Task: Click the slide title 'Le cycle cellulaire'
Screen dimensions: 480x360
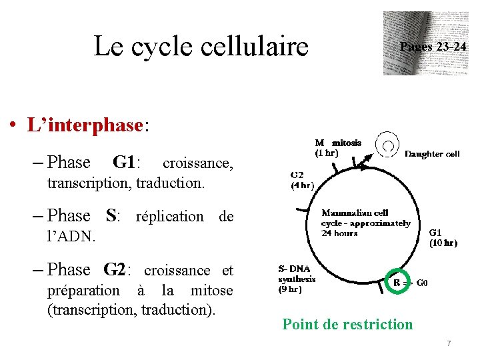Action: pos(201,47)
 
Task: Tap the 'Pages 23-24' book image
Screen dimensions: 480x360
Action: pos(425,43)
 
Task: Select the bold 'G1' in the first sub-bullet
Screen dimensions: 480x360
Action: pos(125,163)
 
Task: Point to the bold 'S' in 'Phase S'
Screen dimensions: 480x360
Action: pos(112,216)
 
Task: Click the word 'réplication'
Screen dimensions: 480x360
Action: pos(169,217)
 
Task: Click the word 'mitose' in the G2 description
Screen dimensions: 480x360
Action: pos(212,291)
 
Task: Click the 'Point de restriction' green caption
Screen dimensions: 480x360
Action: pos(347,325)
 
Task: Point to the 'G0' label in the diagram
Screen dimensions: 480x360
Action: pos(422,282)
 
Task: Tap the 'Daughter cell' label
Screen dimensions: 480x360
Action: pos(432,154)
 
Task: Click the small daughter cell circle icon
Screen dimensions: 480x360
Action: pos(387,144)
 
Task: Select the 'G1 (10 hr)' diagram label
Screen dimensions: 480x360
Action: pos(443,238)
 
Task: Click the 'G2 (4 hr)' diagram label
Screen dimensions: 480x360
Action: pos(302,180)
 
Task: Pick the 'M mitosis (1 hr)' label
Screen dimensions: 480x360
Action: pos(338,147)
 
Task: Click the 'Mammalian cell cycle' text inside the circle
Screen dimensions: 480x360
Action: pos(365,223)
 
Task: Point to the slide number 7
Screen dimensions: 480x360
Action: pos(449,343)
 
